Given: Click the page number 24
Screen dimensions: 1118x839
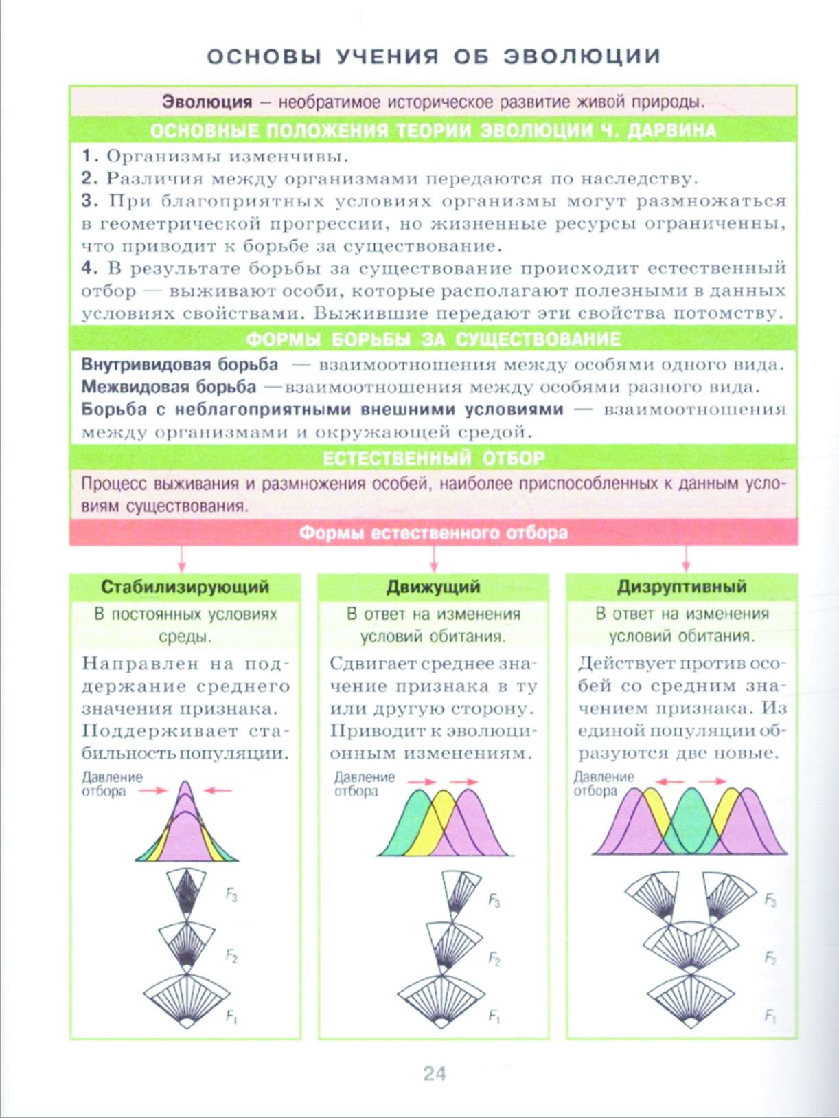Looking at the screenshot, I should tap(435, 1073).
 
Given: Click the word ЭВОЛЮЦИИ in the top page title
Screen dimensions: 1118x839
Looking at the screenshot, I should tap(582, 56).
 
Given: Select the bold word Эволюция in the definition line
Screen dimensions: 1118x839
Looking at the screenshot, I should tap(207, 102).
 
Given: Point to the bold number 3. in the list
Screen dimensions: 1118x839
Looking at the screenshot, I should tap(90, 201).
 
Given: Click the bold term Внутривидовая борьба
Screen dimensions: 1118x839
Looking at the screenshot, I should tap(180, 364).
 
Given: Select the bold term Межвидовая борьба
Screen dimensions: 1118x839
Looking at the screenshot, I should tap(169, 387).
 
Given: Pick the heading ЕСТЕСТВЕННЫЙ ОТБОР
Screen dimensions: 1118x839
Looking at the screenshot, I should tap(433, 458).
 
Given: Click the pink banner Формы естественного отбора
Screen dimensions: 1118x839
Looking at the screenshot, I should tap(433, 533).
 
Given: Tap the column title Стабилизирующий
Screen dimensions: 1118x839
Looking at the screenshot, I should tap(185, 587).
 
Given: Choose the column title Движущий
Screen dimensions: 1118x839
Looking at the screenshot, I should tap(433, 587).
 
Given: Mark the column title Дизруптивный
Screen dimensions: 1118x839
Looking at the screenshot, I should tap(682, 587).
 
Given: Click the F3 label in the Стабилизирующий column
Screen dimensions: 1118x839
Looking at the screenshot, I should tap(232, 895).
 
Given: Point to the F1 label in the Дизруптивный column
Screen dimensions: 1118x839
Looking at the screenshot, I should tap(770, 1016).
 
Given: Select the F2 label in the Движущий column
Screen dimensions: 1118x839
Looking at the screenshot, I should tap(494, 959).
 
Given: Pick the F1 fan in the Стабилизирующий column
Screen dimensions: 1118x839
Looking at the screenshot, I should tap(186, 1000).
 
